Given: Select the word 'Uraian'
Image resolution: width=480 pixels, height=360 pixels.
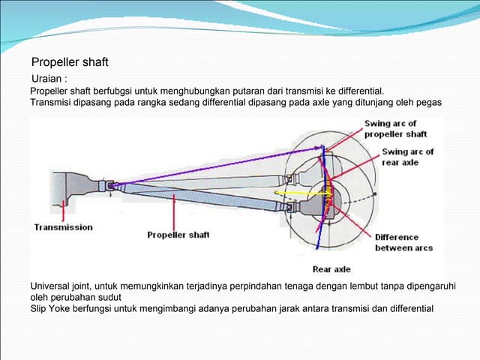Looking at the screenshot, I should pyautogui.click(x=48, y=78).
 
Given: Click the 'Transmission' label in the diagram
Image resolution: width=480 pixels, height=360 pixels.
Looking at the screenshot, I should pyautogui.click(x=64, y=227).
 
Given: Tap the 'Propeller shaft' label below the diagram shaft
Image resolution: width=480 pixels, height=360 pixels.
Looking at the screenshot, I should pyautogui.click(x=178, y=235).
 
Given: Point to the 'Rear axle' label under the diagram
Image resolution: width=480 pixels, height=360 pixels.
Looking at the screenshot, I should pyautogui.click(x=331, y=269).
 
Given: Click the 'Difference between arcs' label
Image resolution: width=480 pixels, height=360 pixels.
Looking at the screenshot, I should pyautogui.click(x=403, y=242).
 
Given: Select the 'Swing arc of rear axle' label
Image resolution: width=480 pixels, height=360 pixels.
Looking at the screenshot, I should pyautogui.click(x=408, y=156).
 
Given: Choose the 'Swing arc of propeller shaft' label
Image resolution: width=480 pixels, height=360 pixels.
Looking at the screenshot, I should pyautogui.click(x=395, y=128).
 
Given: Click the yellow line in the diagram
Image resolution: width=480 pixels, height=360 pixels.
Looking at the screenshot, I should pyautogui.click(x=300, y=192).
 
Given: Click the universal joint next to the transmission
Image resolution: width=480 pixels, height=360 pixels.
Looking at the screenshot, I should pyautogui.click(x=109, y=184).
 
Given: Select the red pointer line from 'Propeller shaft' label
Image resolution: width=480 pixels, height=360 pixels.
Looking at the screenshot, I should pyautogui.click(x=173, y=210).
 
